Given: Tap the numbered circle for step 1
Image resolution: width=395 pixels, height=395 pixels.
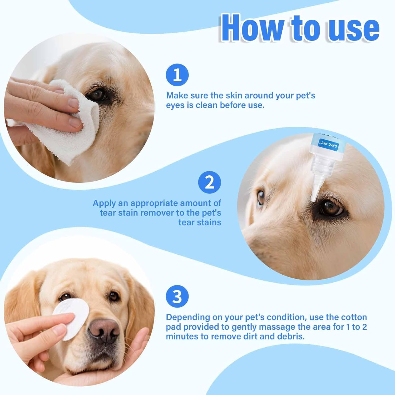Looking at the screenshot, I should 177,75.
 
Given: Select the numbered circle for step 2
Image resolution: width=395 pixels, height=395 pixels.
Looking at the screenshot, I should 209,182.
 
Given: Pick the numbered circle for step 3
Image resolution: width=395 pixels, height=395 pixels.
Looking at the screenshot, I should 177,297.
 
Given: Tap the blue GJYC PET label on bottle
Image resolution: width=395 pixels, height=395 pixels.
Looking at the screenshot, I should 329,144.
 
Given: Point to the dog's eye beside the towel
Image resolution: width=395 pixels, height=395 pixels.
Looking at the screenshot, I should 98,94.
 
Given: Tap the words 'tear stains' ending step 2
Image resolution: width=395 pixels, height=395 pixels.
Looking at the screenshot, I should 200,223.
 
